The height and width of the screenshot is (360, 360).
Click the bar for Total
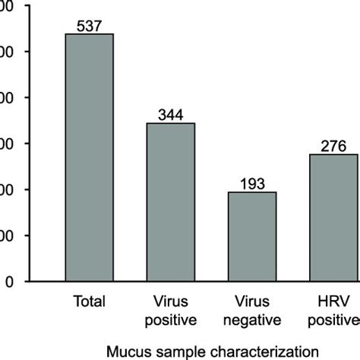pos(89,157)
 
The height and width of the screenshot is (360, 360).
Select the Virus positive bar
pos(171,202)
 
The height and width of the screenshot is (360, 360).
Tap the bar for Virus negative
pos(252,236)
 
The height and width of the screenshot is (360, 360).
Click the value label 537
pos(89,27)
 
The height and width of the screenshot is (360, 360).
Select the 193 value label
pos(252,185)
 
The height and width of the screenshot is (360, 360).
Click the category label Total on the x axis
pos(89,299)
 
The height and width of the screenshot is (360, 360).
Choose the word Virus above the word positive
pos(171,299)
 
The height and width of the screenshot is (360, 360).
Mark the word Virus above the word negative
pos(252,299)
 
